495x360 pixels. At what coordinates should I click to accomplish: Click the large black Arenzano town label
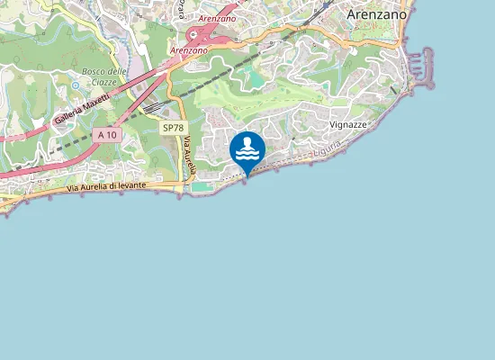pyautogui.click(x=376, y=15)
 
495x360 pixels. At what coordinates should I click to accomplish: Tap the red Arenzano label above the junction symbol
pyautogui.click(x=216, y=18)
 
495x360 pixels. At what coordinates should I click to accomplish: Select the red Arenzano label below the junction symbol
pyautogui.click(x=188, y=50)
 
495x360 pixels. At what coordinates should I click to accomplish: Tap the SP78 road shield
pyautogui.click(x=173, y=128)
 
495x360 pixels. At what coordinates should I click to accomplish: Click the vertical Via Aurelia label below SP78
pyautogui.click(x=190, y=156)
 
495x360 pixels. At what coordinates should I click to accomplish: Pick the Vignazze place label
pyautogui.click(x=347, y=124)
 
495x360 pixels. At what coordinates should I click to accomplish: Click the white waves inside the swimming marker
pyautogui.click(x=247, y=154)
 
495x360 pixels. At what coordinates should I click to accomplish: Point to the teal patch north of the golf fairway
pyautogui.click(x=255, y=78)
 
